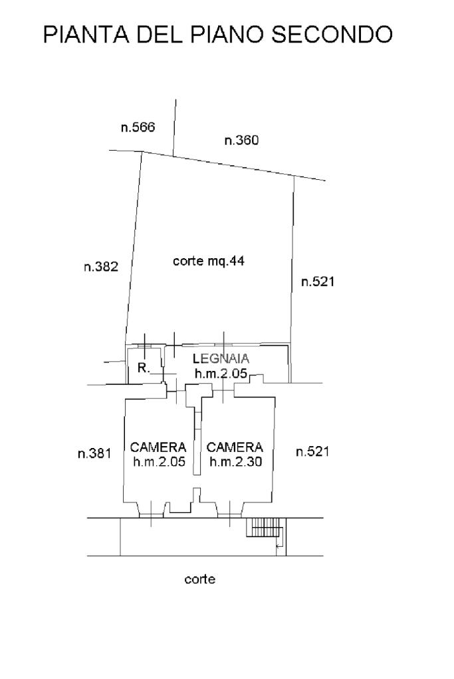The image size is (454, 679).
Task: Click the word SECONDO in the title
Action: (x=332, y=35)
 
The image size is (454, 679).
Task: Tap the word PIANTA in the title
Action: (x=86, y=35)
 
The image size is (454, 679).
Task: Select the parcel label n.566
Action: (x=138, y=127)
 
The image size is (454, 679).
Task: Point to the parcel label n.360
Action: (x=241, y=140)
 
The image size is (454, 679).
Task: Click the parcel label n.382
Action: (x=101, y=266)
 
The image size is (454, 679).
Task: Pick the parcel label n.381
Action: (x=94, y=453)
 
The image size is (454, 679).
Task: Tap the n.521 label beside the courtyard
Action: (x=318, y=281)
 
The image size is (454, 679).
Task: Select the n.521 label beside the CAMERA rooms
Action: (x=312, y=451)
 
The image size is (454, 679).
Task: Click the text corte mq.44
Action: (x=209, y=261)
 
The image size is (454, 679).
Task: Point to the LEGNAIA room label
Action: (x=221, y=358)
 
